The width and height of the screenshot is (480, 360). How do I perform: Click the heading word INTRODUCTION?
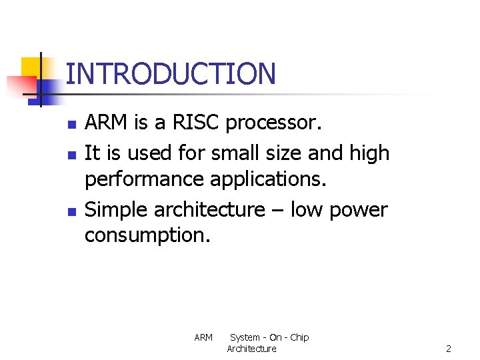pyautogui.click(x=171, y=73)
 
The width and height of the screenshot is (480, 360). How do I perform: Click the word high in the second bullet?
pyautogui.click(x=369, y=153)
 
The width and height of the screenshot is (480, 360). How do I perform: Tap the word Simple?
pyautogui.click(x=117, y=209)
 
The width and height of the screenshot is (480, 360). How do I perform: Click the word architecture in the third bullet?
pyautogui.click(x=209, y=209)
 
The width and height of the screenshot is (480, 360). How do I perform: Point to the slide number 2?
pyautogui.click(x=449, y=349)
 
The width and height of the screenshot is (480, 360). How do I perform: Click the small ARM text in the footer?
pyautogui.click(x=203, y=337)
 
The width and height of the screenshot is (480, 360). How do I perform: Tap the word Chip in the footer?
pyautogui.click(x=299, y=337)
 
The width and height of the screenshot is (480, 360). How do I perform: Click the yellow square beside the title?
pyautogui.click(x=31, y=68)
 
